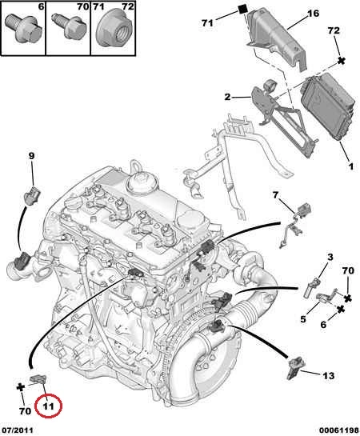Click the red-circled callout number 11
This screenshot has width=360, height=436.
pyautogui.click(x=48, y=406)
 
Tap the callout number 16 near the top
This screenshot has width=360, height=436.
pyautogui.click(x=313, y=14)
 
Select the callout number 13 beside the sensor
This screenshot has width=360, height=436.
pyautogui.click(x=328, y=376)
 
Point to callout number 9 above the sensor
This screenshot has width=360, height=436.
pyautogui.click(x=31, y=156)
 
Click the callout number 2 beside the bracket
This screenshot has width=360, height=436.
pyautogui.click(x=227, y=97)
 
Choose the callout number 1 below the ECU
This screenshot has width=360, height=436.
pyautogui.click(x=351, y=166)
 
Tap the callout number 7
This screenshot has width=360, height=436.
pyautogui.click(x=275, y=195)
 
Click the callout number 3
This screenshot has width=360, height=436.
pyautogui.click(x=330, y=257)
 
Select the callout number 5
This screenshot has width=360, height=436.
pyautogui.click(x=303, y=319)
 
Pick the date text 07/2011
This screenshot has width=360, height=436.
pyautogui.click(x=18, y=430)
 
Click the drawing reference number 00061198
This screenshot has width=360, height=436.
pyautogui.click(x=339, y=430)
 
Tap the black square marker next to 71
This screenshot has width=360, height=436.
pyautogui.click(x=243, y=10)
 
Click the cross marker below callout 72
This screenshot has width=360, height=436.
pyautogui.click(x=342, y=61)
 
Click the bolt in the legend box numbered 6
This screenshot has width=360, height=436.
pyautogui.click(x=23, y=28)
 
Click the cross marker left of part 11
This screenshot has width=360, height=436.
pyautogui.click(x=21, y=387)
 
